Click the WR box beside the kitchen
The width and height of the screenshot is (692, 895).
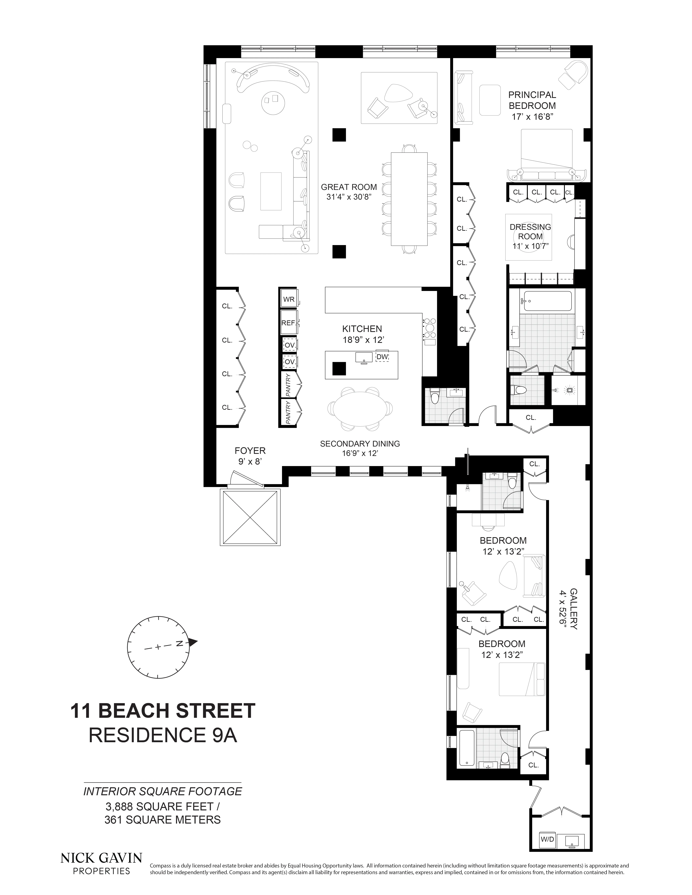pos(289,299)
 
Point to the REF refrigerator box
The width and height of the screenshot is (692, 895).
pos(288,323)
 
